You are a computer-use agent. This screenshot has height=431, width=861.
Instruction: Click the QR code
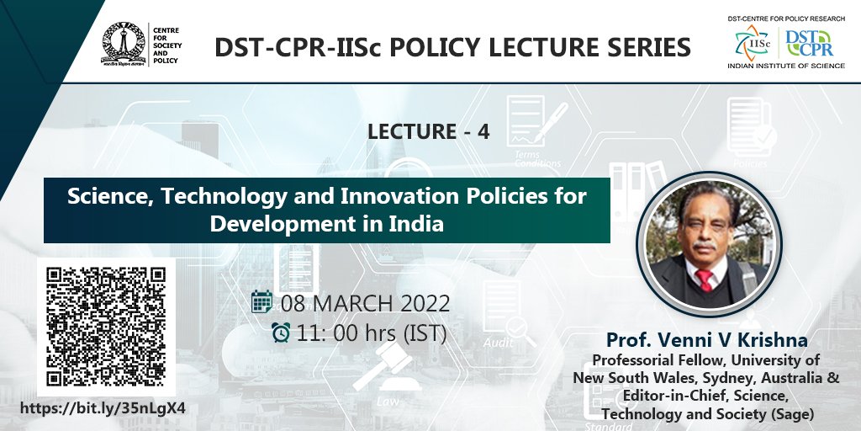tap(107, 326)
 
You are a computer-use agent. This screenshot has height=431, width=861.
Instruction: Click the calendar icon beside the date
tap(262, 302)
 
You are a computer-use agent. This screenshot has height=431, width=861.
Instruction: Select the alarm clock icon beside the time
tap(281, 333)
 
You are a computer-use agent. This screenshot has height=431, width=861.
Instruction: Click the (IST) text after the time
tap(418, 333)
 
